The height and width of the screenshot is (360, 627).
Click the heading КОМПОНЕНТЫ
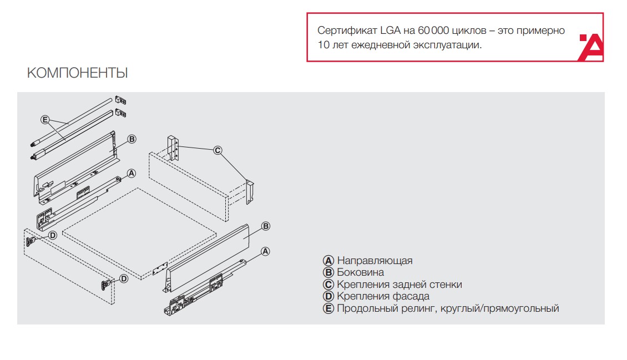[77, 73]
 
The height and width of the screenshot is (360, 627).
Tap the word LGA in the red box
[390, 31]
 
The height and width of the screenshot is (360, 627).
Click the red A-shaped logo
[590, 47]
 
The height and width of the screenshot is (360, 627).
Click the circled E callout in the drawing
[45, 120]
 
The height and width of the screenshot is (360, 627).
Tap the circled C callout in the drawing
[218, 150]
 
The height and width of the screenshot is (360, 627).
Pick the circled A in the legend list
[328, 261]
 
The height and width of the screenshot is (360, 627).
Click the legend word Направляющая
[375, 261]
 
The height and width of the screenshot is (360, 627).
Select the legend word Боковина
[360, 272]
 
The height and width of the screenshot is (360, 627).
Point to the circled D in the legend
[328, 296]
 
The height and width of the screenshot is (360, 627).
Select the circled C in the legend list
[328, 285]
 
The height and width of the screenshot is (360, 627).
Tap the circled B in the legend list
[328, 272]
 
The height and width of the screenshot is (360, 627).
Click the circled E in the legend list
[328, 308]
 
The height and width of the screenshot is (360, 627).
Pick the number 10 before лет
[323, 45]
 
